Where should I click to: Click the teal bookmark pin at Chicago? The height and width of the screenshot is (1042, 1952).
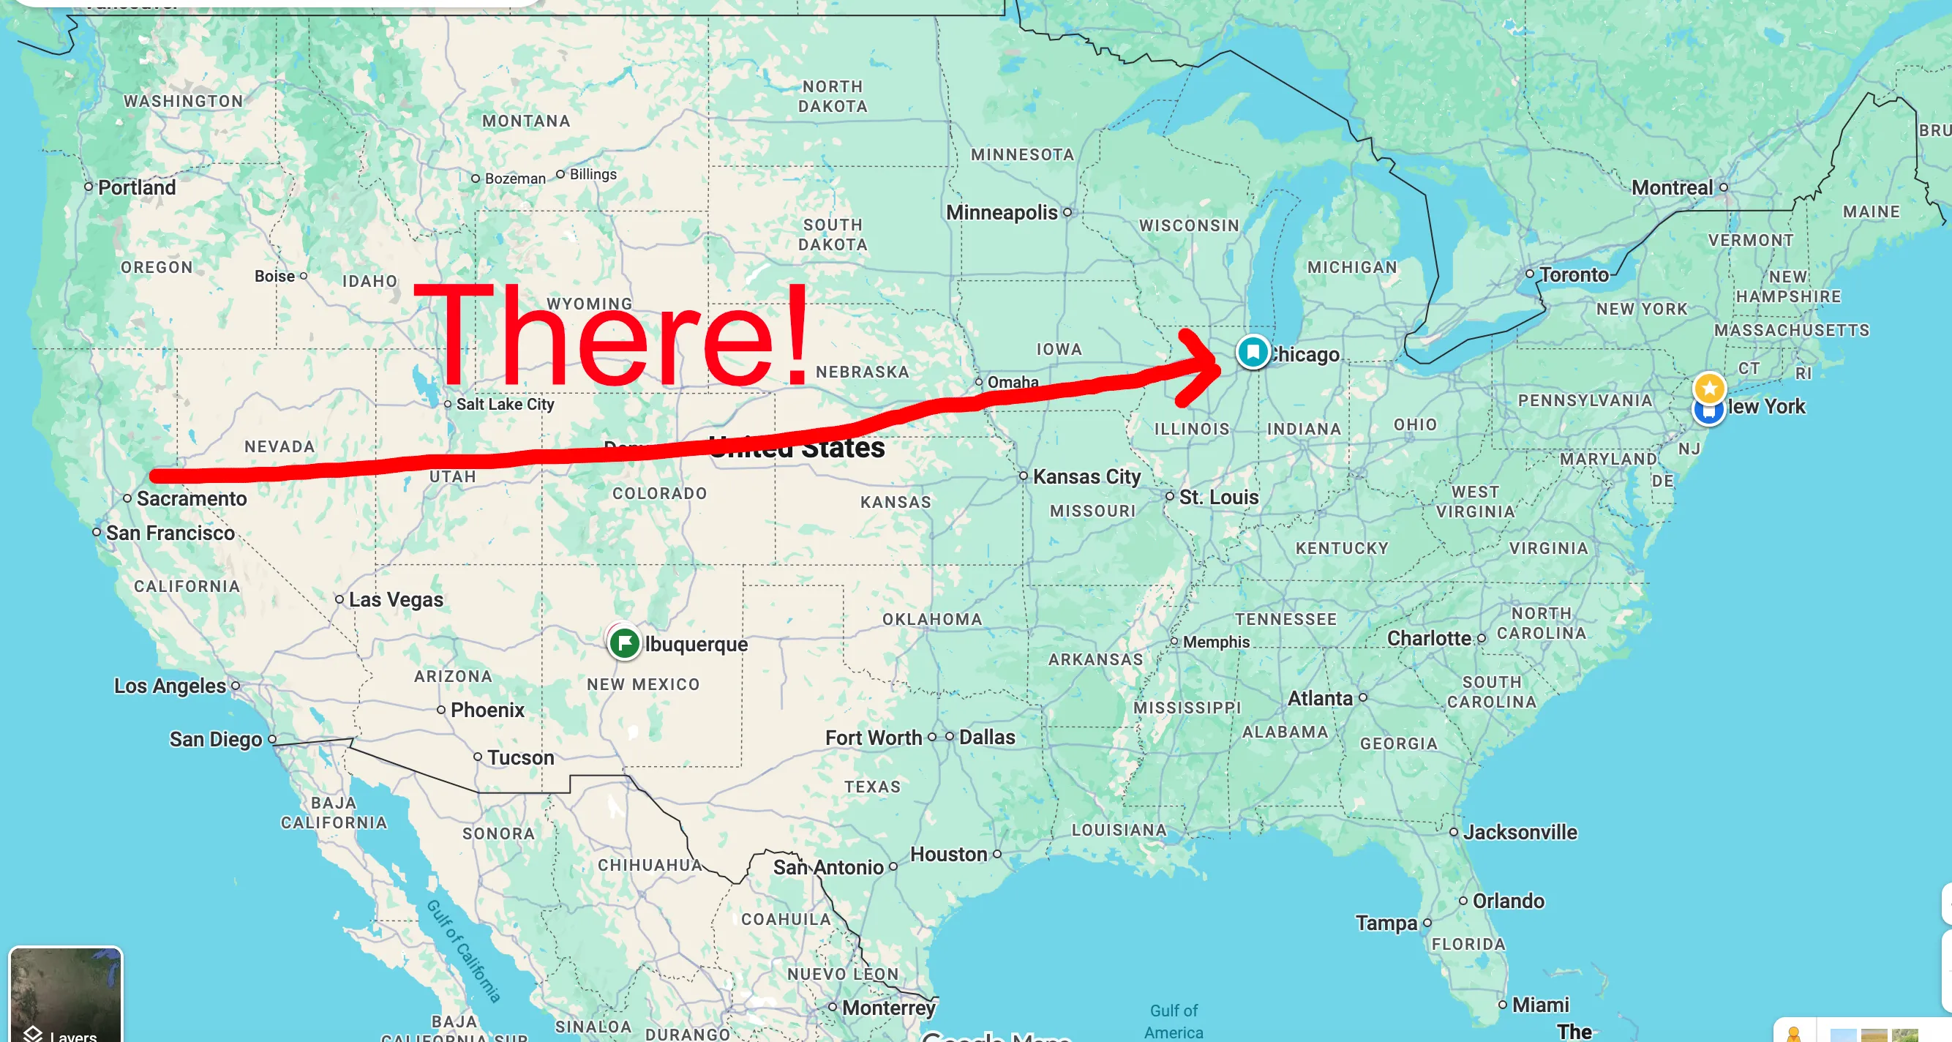tap(1253, 353)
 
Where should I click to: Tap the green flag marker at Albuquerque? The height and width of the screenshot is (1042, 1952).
tap(624, 643)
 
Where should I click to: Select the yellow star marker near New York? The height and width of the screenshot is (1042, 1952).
tap(1709, 389)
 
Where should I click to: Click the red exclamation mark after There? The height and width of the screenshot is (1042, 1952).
tap(796, 334)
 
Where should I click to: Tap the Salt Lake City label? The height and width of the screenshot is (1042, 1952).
tap(505, 405)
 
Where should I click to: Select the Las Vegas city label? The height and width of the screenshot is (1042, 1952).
tap(396, 599)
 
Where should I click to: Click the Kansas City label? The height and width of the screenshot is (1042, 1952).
tap(1086, 476)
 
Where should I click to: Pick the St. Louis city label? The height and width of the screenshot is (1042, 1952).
tap(1217, 497)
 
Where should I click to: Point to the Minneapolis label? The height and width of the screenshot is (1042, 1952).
tap(1001, 212)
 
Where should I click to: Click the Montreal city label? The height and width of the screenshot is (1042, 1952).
tap(1672, 187)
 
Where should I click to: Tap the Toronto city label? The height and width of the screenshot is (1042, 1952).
tap(1573, 274)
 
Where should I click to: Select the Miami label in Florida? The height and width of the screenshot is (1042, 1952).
tap(1540, 1005)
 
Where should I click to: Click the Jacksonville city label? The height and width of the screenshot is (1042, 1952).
tap(1520, 832)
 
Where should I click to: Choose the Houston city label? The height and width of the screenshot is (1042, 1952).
tap(948, 854)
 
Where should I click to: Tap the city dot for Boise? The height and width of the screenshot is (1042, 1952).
tap(304, 277)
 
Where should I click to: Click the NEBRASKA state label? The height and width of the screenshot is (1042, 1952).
tap(862, 372)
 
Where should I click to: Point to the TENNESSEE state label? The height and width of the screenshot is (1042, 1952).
tap(1285, 619)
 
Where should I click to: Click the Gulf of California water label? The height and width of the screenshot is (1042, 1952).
tap(464, 951)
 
